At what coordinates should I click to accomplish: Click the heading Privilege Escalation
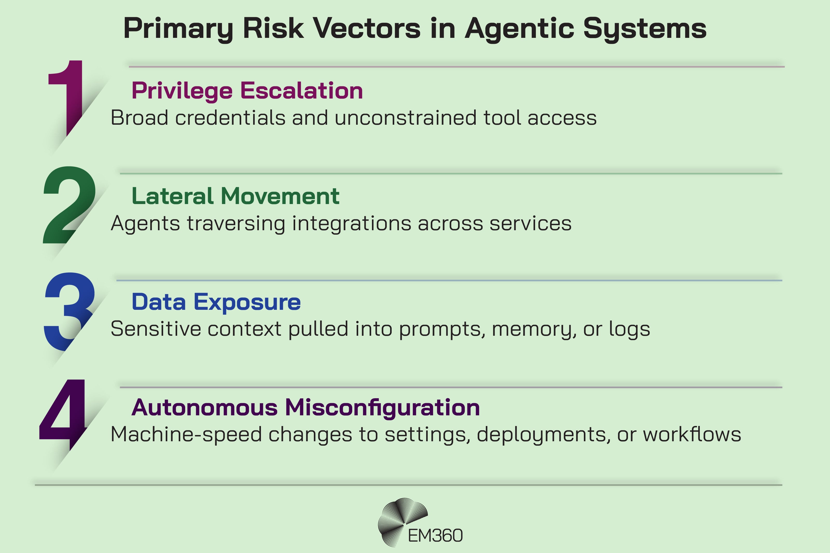(247, 91)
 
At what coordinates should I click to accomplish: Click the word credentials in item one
(230, 117)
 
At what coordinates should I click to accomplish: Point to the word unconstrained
(406, 117)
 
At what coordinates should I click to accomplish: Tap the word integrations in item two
(352, 223)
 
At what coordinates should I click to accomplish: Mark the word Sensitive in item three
(156, 329)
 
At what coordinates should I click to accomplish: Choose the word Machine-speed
(186, 434)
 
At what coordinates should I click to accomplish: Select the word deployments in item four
(543, 435)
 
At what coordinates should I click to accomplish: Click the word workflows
(692, 434)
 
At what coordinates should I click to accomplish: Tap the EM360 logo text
(435, 536)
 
